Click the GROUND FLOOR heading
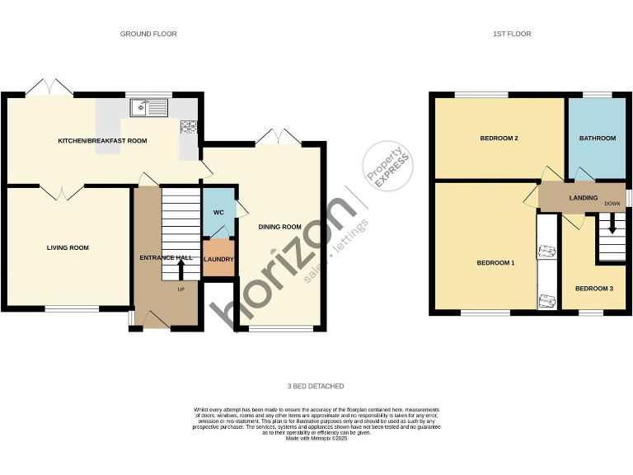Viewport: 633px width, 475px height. pos(148,34)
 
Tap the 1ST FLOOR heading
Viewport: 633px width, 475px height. pos(512,34)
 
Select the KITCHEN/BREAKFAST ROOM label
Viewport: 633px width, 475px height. pos(102,141)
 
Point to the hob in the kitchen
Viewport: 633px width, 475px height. pos(190,126)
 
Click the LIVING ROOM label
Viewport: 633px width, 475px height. pos(68,247)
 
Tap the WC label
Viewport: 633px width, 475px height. pos(218,212)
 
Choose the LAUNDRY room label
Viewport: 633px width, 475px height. pos(219,259)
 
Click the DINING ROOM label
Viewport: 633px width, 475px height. pos(280,227)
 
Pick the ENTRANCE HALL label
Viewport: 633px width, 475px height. pos(166,258)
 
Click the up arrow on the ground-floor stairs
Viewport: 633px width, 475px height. pos(181,267)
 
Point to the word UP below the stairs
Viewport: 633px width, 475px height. pos(181,289)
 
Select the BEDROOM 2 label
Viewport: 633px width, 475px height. pos(499,139)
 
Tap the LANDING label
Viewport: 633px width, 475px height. pos(583,199)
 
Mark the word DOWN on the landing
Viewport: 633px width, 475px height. pos(612,204)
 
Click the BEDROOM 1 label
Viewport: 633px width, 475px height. pos(495,263)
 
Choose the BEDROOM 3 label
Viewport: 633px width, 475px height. pos(593,289)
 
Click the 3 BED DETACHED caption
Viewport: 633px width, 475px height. pos(316,386)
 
